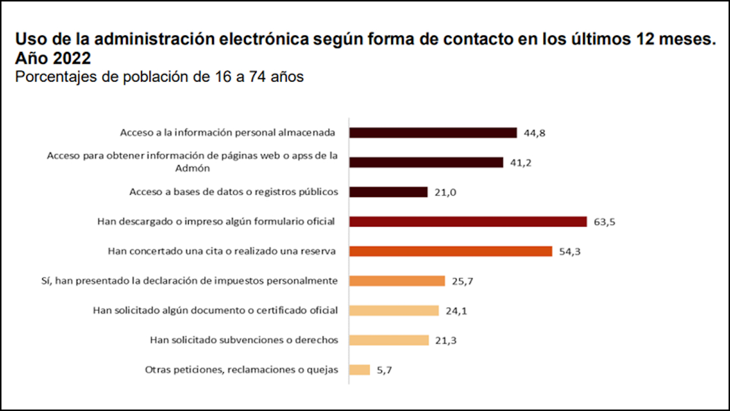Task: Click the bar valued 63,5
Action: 468,221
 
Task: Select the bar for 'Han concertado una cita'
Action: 451,251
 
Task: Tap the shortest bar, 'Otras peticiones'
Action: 360,370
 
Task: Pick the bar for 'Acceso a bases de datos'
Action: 388,192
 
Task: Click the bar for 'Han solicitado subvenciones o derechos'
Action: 389,340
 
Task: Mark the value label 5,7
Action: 384,370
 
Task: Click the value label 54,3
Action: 569,252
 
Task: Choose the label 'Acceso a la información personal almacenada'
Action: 227,132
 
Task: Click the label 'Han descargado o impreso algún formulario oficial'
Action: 216,221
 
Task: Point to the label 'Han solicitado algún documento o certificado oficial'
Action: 216,311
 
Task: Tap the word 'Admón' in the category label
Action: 193,168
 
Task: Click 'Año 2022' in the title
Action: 53,58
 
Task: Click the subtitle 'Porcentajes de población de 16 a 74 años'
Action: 159,76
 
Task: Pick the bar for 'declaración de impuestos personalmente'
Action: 397,281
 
